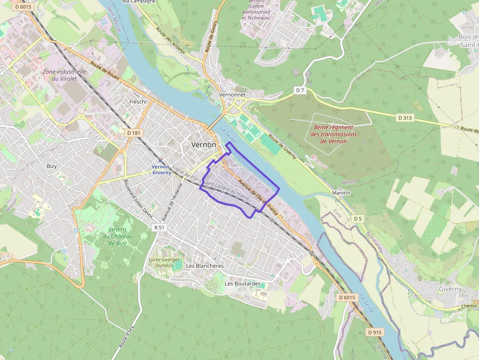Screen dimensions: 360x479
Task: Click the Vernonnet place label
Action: point(232,94)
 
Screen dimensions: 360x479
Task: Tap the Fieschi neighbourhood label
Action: point(138,102)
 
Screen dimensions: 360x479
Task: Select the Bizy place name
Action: point(52,166)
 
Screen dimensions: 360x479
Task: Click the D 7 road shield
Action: point(300,90)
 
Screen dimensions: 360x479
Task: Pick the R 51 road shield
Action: point(159,227)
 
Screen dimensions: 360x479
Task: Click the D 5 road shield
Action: point(358,218)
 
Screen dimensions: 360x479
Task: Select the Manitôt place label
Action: point(341,193)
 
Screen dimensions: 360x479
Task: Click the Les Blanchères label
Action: point(205,265)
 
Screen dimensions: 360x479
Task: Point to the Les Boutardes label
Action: point(242,283)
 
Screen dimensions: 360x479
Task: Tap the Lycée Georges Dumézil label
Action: point(164,262)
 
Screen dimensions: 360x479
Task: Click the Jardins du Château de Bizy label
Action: point(115,236)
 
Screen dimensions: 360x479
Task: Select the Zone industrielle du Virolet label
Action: point(64,75)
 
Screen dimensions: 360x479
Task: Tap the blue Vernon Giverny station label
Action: point(161,169)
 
